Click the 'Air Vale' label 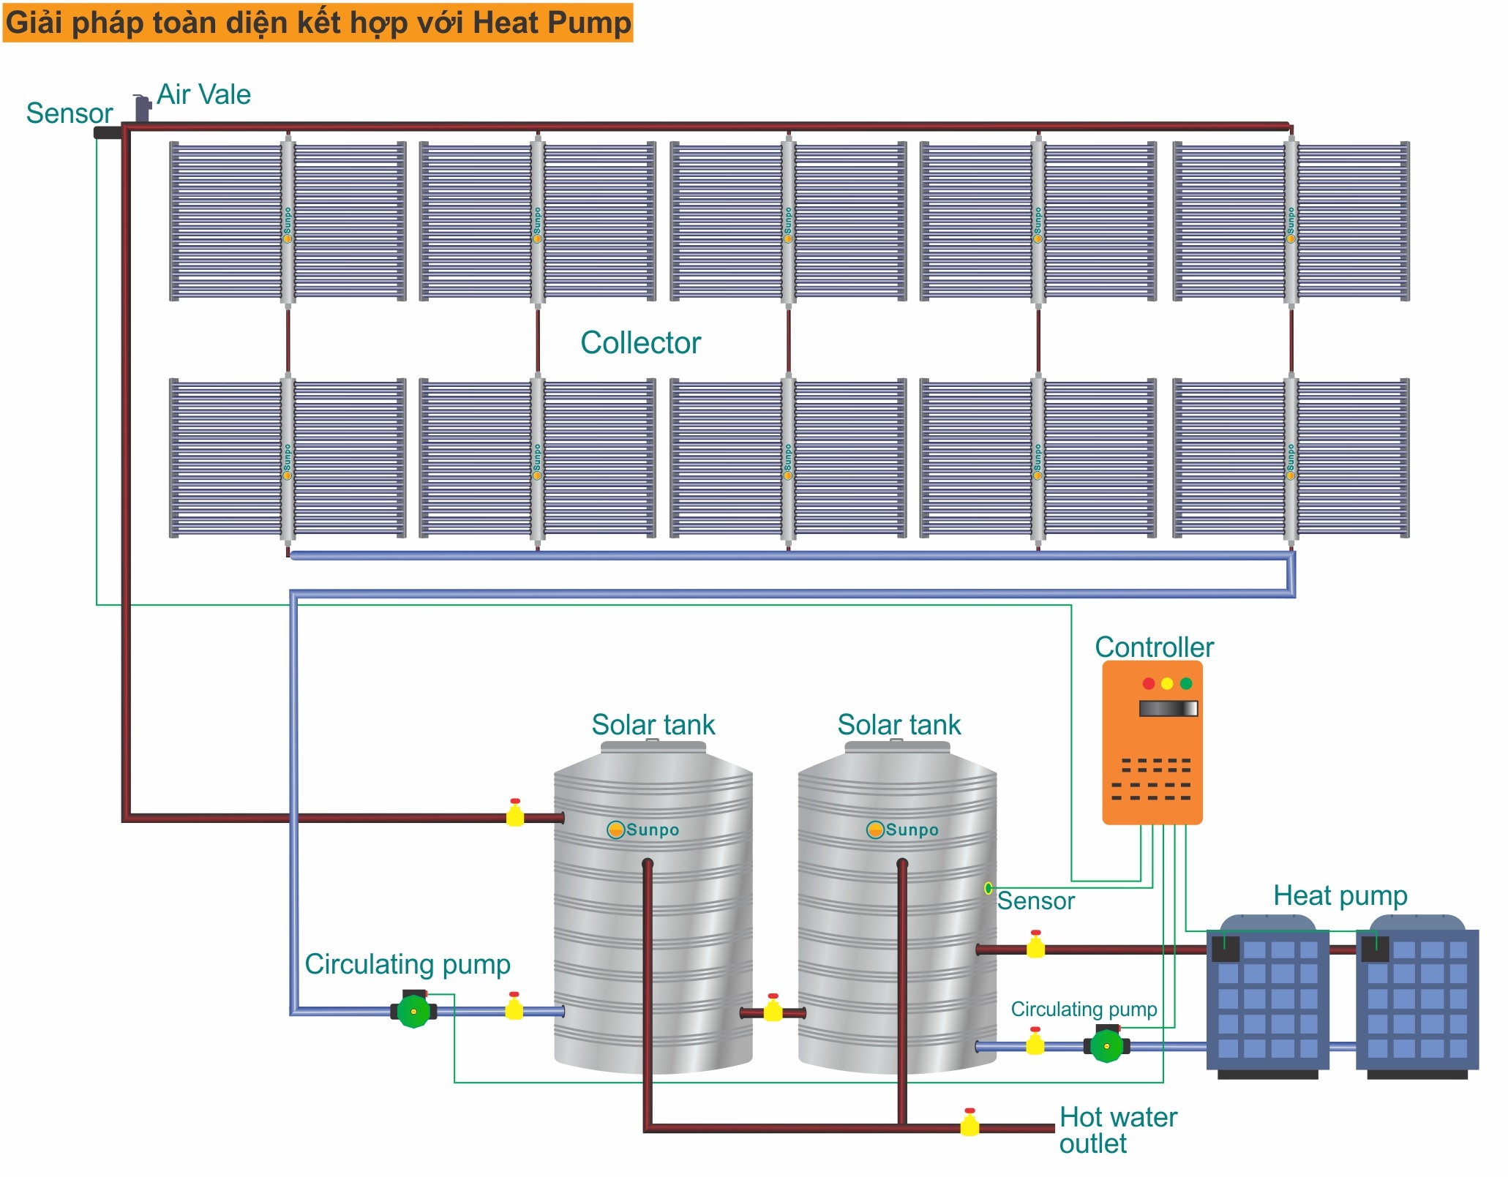point(203,95)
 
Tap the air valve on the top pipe point(142,109)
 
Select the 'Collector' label point(640,342)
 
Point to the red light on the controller point(1148,683)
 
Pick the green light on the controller point(1186,683)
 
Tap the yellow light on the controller point(1167,683)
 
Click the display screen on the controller point(1168,708)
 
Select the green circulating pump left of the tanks point(413,1012)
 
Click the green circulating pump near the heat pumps point(1106,1046)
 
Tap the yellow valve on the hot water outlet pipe point(969,1123)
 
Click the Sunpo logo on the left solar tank point(643,830)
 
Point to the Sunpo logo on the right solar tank point(902,830)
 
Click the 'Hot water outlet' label point(1117,1130)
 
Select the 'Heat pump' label point(1340,896)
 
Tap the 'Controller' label point(1154,647)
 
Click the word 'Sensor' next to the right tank point(1035,900)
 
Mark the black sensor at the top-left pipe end point(107,133)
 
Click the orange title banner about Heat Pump point(318,23)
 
